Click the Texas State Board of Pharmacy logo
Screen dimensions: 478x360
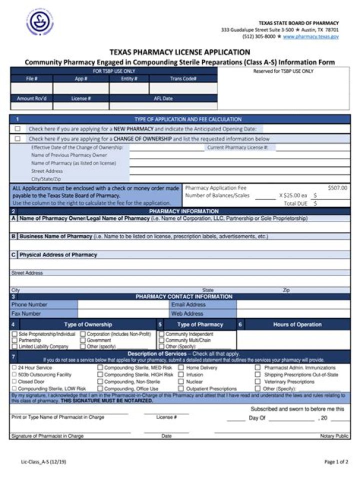[39, 22]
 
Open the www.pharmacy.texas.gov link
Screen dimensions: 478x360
[310, 36]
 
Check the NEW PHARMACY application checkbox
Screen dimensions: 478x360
[17, 129]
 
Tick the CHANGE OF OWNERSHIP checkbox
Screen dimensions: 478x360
[17, 139]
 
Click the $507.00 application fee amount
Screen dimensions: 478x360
[337, 188]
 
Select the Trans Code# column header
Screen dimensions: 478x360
[183, 78]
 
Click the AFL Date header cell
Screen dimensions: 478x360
[163, 98]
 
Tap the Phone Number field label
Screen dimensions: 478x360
[29, 304]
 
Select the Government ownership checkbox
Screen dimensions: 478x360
[83, 340]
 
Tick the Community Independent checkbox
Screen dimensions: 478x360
[161, 334]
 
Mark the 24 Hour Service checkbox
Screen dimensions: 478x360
[14, 368]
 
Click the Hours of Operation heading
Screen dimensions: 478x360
[297, 325]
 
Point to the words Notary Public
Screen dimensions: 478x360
[334, 436]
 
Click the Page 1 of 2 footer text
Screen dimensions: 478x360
[336, 462]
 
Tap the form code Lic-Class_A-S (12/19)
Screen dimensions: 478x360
[43, 462]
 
